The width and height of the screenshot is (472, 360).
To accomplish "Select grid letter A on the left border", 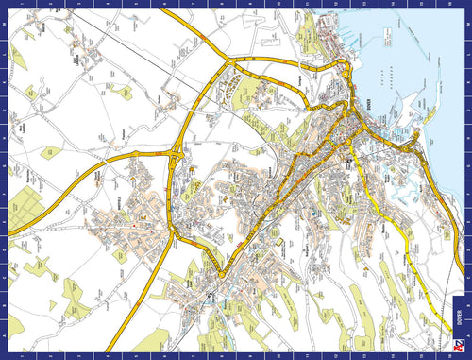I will [5, 335].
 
